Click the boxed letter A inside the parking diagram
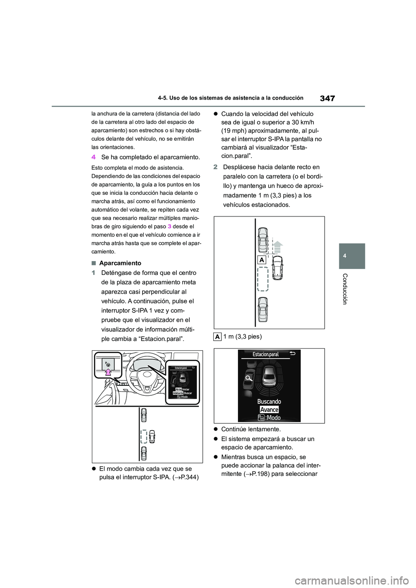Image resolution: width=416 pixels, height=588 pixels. (261, 260)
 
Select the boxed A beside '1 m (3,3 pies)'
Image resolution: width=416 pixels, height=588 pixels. (218, 336)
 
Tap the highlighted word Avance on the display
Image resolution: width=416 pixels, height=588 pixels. (269, 410)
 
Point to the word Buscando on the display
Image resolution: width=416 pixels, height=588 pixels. (269, 401)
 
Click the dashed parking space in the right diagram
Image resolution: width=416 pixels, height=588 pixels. (263, 279)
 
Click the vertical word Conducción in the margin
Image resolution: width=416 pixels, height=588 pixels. (345, 289)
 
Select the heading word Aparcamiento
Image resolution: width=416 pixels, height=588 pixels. (120, 263)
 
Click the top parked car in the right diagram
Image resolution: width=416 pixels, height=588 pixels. (263, 239)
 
